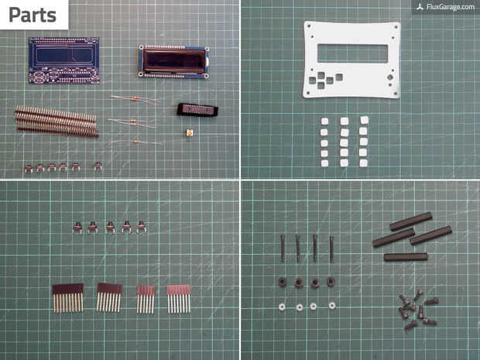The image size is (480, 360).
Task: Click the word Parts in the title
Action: [x=33, y=15]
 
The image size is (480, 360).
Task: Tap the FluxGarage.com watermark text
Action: [x=451, y=7]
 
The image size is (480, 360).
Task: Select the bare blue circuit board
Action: [x=64, y=60]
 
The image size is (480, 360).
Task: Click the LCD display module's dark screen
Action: [x=174, y=62]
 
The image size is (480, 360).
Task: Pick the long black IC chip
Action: [x=197, y=110]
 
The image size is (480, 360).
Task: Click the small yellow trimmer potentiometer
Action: [x=190, y=133]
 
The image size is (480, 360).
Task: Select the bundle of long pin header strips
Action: [x=57, y=122]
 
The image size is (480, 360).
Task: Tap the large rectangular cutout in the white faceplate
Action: [x=353, y=53]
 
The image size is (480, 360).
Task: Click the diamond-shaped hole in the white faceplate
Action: [x=390, y=77]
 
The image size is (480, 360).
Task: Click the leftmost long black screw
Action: [x=283, y=249]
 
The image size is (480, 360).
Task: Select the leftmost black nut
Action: [x=283, y=282]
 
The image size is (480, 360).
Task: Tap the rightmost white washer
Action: [x=332, y=305]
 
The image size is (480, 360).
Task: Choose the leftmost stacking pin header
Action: [x=68, y=298]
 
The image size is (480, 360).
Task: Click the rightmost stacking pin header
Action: [x=179, y=299]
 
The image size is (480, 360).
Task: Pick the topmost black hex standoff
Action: [x=410, y=221]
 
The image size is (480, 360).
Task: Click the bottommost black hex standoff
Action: [x=406, y=257]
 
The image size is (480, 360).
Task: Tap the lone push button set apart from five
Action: [x=98, y=166]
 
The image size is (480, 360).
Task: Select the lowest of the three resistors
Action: [x=136, y=142]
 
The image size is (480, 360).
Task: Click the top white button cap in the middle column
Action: [x=345, y=122]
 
